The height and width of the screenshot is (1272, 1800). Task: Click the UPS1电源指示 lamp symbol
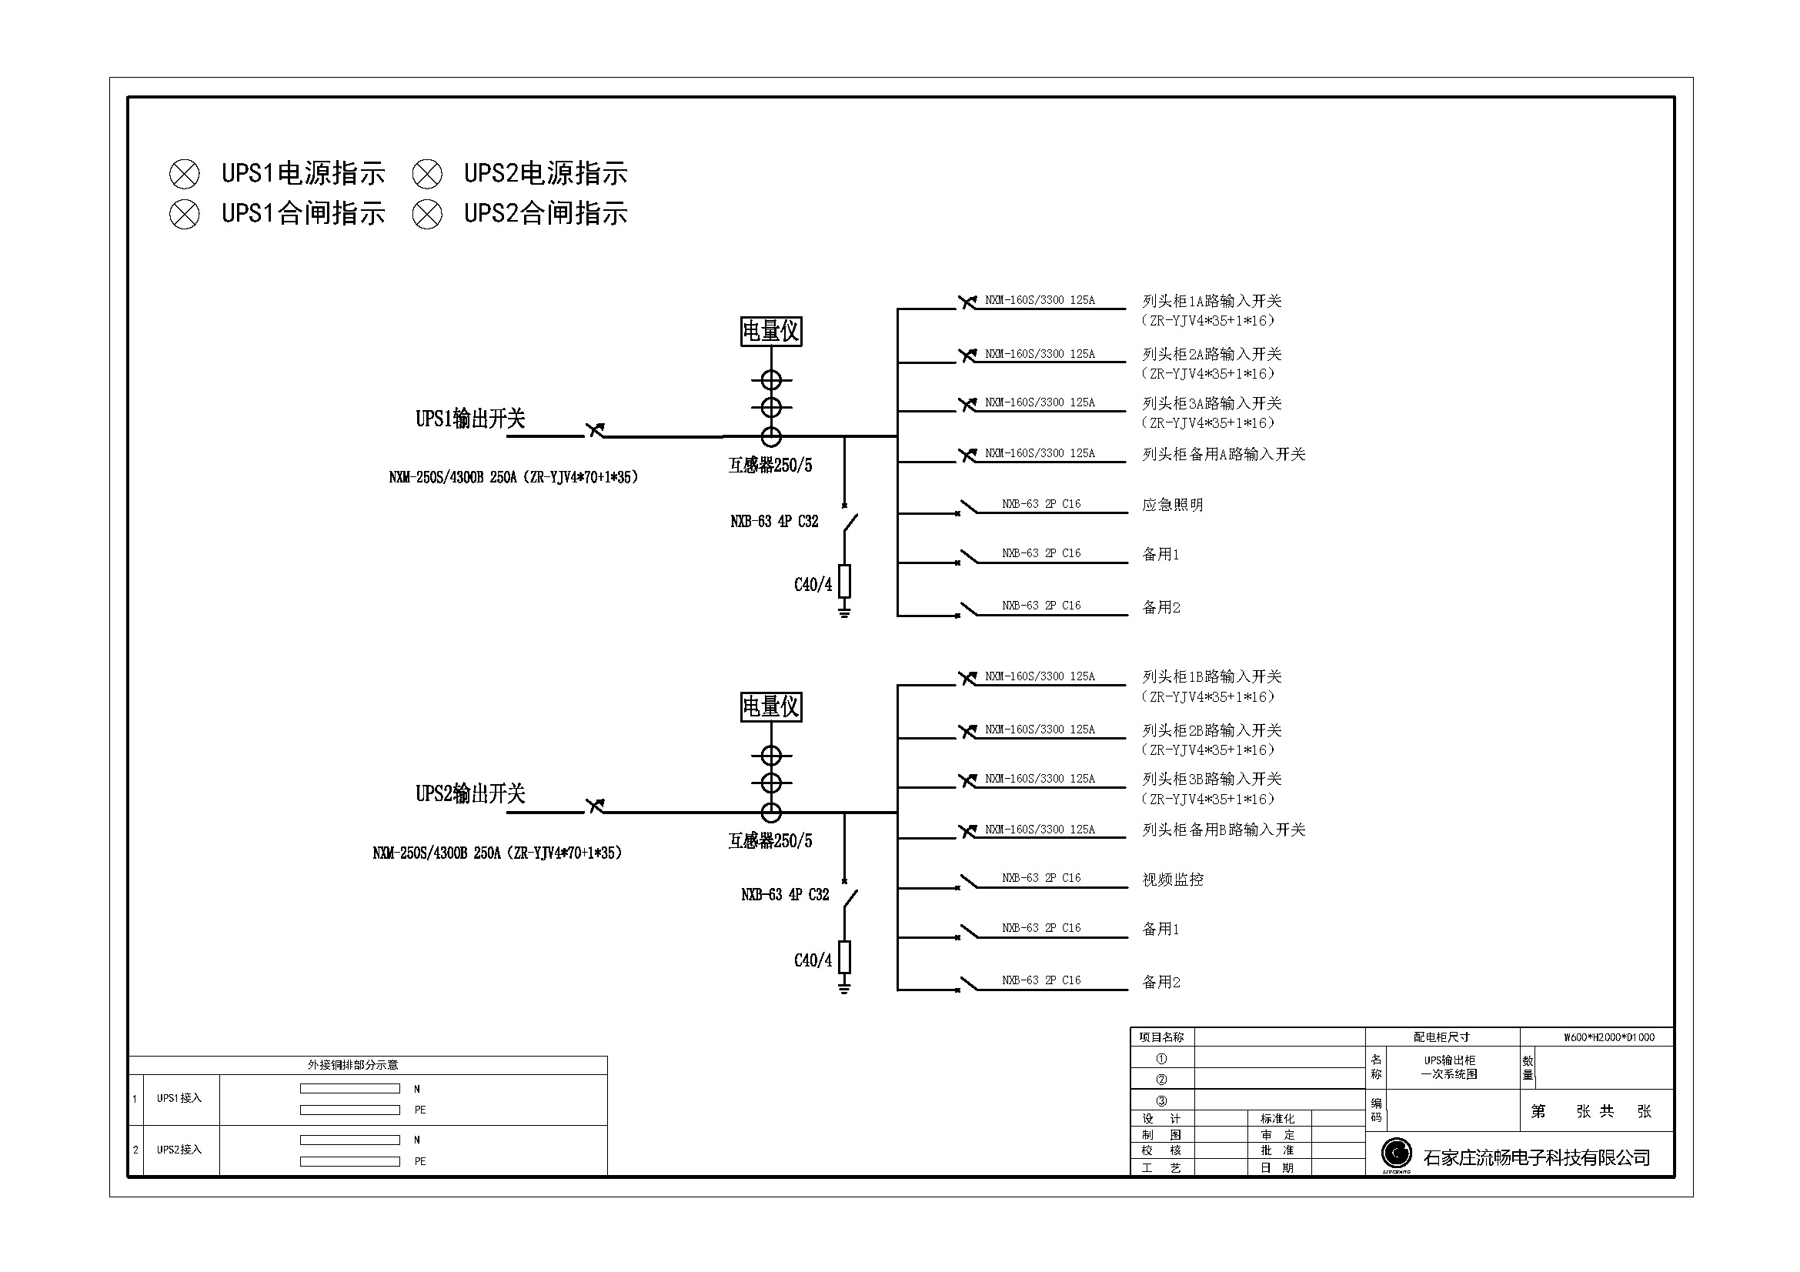[x=184, y=174]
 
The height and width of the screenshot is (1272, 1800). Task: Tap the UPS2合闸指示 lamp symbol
[x=427, y=214]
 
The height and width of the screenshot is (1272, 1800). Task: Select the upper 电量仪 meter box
[x=771, y=332]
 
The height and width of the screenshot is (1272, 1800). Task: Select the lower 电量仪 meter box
[x=771, y=707]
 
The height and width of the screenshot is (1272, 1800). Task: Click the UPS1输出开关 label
[x=470, y=419]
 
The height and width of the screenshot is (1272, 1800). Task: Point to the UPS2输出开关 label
[x=470, y=794]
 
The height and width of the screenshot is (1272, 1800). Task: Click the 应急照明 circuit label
[x=1173, y=505]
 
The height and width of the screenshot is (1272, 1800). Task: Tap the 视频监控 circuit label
[x=1173, y=880]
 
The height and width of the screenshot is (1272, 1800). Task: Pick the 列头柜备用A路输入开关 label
[x=1224, y=455]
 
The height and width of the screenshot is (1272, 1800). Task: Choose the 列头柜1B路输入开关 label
[x=1212, y=676]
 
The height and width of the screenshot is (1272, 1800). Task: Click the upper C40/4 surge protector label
[x=813, y=585]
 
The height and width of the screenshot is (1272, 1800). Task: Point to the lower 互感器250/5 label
[x=770, y=841]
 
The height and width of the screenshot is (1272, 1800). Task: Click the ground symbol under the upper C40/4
[x=844, y=609]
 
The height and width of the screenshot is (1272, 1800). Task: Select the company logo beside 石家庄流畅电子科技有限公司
[x=1396, y=1154]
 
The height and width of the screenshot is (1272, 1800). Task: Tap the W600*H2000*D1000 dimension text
[x=1609, y=1037]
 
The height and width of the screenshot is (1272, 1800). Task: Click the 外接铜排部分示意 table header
[x=352, y=1065]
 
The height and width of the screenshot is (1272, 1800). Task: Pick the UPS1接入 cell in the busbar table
[x=179, y=1098]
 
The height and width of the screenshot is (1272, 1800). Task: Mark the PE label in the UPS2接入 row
[x=420, y=1161]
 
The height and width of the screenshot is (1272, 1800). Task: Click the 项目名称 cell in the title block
[x=1161, y=1037]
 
